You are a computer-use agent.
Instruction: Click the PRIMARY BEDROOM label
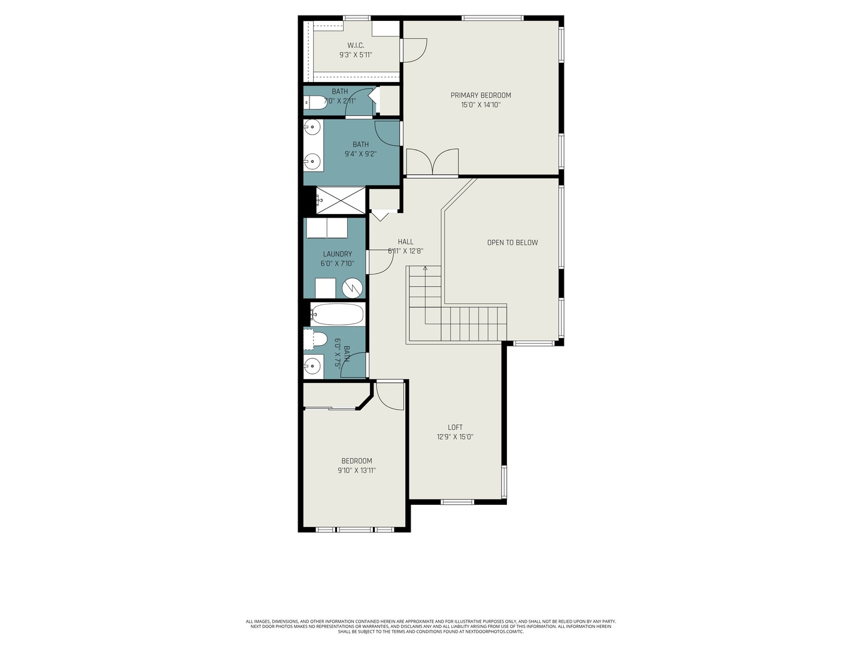point(481,95)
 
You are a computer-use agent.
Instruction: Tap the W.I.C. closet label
point(356,45)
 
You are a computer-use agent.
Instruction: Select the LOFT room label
point(455,427)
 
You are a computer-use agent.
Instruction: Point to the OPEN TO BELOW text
point(512,242)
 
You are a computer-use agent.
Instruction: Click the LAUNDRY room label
point(337,254)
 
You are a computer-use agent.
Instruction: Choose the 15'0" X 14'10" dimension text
point(481,105)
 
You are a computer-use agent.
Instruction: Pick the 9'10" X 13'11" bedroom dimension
point(357,470)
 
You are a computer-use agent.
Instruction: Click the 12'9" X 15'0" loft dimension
point(455,437)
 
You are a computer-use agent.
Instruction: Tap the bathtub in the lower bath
point(337,314)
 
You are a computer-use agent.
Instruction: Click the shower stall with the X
point(340,200)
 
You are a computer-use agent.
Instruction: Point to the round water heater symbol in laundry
point(353,288)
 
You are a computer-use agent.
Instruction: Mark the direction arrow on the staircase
point(425,269)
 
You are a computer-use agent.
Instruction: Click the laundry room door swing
point(379,262)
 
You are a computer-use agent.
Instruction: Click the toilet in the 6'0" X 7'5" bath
point(317,339)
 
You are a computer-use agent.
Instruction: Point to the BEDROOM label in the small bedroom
point(357,461)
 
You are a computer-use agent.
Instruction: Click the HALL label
point(405,242)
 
